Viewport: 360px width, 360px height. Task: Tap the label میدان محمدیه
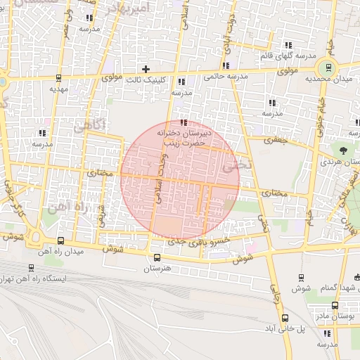[x=328, y=79]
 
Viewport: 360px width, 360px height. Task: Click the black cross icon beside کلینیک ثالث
[x=146, y=69]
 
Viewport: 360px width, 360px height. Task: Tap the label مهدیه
[x=58, y=89]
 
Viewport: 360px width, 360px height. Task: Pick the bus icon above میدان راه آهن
[x=60, y=240]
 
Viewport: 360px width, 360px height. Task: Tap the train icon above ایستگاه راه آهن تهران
[x=30, y=268]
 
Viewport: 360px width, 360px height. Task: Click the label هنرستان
[x=157, y=268]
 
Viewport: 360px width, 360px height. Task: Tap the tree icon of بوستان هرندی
[x=343, y=150]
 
